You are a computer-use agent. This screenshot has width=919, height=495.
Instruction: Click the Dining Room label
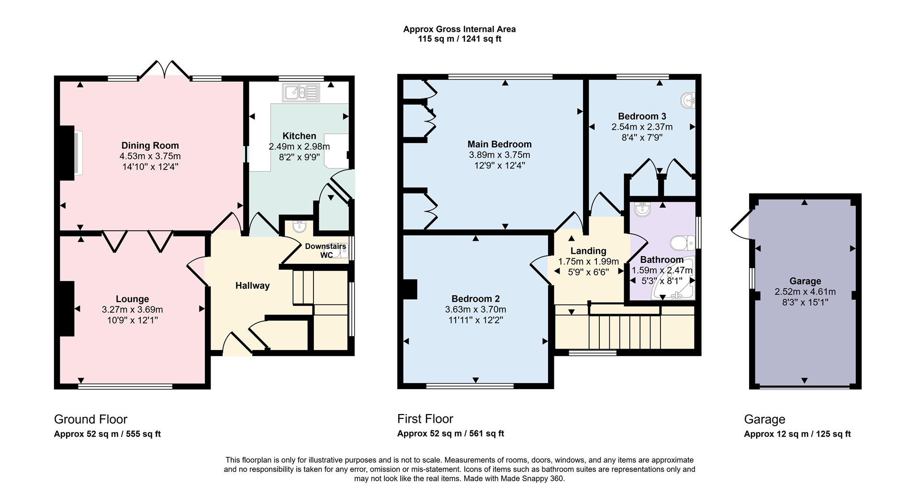pyautogui.click(x=150, y=146)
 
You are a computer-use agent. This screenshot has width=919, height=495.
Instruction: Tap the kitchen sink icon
pyautogui.click(x=301, y=92)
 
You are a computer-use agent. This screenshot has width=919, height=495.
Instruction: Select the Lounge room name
pyautogui.click(x=132, y=299)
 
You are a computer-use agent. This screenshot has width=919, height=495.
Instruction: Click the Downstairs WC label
pyautogui.click(x=325, y=250)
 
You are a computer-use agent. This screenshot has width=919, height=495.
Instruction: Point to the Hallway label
pyautogui.click(x=252, y=286)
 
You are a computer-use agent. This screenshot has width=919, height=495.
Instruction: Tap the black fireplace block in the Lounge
pyautogui.click(x=67, y=308)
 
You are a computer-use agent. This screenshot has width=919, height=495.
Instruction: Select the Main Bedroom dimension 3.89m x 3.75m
pyautogui.click(x=499, y=155)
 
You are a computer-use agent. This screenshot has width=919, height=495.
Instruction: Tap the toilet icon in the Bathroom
pyautogui.click(x=683, y=243)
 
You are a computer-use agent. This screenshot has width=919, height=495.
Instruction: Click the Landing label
pyautogui.click(x=588, y=251)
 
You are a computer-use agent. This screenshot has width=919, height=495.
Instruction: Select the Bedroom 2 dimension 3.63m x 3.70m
pyautogui.click(x=475, y=309)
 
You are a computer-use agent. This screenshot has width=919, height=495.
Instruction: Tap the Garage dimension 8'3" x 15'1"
pyautogui.click(x=805, y=302)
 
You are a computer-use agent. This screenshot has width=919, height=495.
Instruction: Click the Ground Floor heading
pyautogui.click(x=90, y=419)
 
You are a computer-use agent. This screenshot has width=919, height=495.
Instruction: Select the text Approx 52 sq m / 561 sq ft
pyautogui.click(x=450, y=434)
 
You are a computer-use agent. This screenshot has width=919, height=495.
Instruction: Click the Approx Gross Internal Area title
pyautogui.click(x=459, y=29)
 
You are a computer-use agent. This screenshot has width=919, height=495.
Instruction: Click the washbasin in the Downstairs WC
pyautogui.click(x=300, y=225)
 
